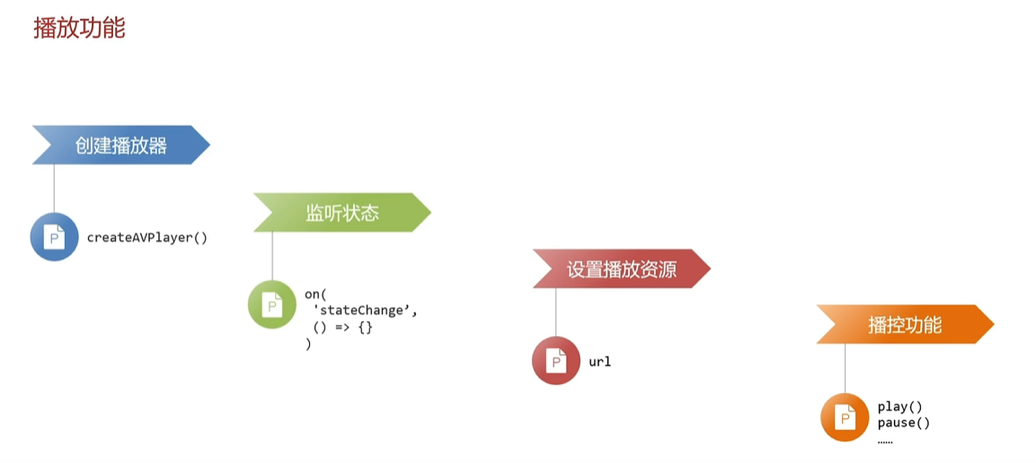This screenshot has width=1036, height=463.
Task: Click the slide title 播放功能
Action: [79, 29]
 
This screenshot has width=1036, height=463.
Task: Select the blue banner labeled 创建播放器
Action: [121, 145]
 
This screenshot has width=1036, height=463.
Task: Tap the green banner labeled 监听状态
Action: [342, 212]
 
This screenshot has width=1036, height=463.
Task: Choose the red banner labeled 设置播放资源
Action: [622, 269]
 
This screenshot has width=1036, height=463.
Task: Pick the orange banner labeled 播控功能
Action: [905, 324]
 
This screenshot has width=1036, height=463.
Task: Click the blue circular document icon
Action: [54, 236]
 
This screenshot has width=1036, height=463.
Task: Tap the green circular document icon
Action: [272, 305]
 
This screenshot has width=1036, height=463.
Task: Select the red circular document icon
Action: [556, 361]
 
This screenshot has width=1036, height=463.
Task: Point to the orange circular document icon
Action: [845, 417]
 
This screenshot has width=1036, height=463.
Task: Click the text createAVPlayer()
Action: [147, 237]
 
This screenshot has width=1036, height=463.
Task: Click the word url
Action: [600, 361]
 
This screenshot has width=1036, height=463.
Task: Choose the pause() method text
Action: [904, 423]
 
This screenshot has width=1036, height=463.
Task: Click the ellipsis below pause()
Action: [885, 440]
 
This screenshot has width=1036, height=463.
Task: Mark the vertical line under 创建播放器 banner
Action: [54, 189]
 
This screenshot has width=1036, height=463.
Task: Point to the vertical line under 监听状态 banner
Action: [272, 256]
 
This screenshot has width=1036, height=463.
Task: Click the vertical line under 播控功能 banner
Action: [845, 369]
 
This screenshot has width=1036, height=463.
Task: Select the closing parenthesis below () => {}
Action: [308, 344]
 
